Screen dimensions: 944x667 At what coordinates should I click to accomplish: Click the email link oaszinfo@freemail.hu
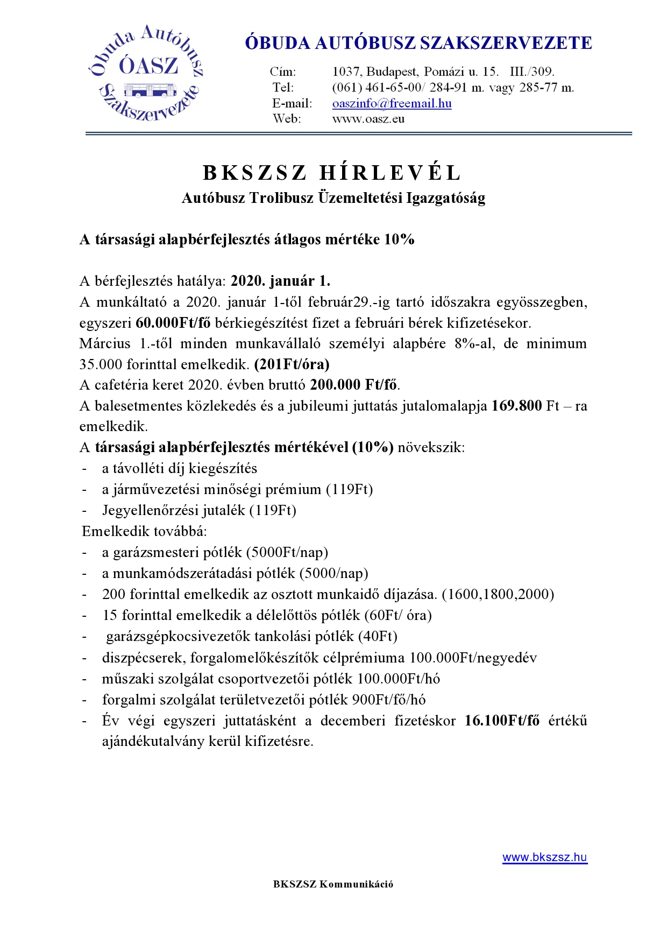392,103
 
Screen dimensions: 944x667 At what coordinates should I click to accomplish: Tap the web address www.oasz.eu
368,119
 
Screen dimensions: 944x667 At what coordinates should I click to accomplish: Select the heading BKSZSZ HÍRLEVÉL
332,173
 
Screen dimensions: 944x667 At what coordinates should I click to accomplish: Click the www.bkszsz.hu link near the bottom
544,857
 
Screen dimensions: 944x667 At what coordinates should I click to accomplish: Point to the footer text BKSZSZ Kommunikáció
333,884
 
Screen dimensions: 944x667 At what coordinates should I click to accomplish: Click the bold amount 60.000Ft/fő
173,323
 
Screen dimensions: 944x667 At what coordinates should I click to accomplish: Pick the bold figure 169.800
516,406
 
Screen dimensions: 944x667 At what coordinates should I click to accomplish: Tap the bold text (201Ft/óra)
292,364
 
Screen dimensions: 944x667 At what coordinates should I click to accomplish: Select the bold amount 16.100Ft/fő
502,721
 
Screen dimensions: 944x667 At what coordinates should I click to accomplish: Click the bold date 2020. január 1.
280,281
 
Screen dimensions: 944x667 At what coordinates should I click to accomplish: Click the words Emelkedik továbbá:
144,531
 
